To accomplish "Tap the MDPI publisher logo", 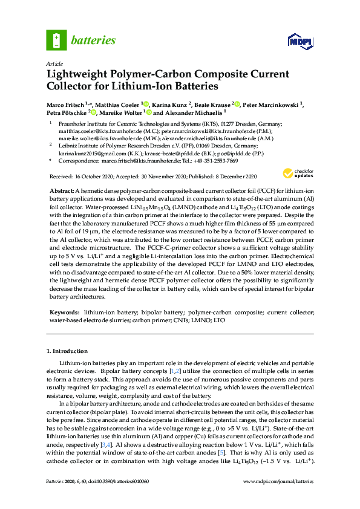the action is click(301, 41).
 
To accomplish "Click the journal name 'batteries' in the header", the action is click(93, 41).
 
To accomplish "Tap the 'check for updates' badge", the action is click(304, 157).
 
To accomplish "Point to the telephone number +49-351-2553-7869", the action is click(215, 161).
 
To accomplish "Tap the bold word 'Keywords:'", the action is click(65, 313).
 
